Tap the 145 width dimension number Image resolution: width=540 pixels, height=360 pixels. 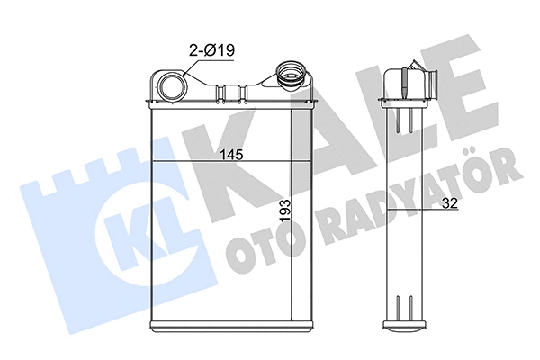(x=231, y=154)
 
